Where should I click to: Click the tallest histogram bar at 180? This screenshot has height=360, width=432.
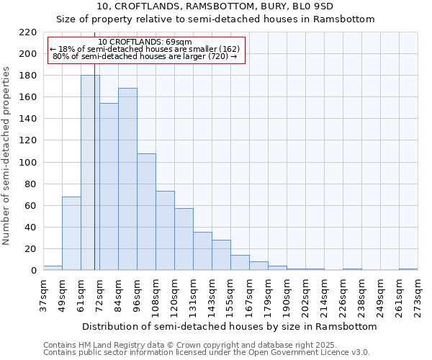point(90,173)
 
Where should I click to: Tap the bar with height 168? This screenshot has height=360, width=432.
point(127,179)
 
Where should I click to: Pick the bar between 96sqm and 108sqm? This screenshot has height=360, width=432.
point(146,212)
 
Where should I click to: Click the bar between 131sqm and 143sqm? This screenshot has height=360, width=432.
point(202,251)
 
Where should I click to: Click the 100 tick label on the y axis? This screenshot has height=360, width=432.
point(28,163)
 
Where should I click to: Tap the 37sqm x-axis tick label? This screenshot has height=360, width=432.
point(43,296)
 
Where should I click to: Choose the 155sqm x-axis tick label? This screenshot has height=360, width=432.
point(230,296)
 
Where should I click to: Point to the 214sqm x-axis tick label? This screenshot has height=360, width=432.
point(324,296)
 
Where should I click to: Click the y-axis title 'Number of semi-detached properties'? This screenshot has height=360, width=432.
point(6,156)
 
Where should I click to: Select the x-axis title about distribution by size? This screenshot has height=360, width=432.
point(230,326)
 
